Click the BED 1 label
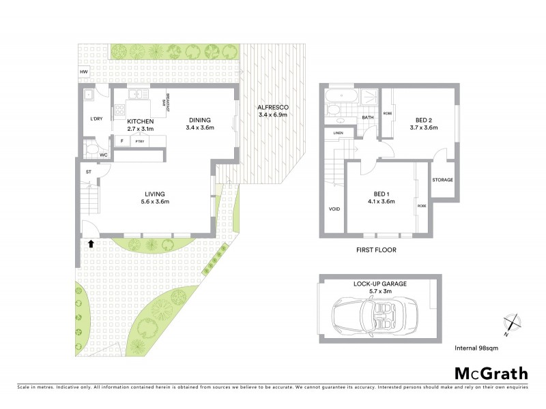point(381,194)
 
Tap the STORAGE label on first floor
point(442,180)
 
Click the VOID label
point(334,209)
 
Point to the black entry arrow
point(90,241)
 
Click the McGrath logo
point(491,373)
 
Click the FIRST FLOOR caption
point(376,250)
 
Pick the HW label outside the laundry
point(84,72)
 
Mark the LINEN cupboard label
point(337,133)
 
